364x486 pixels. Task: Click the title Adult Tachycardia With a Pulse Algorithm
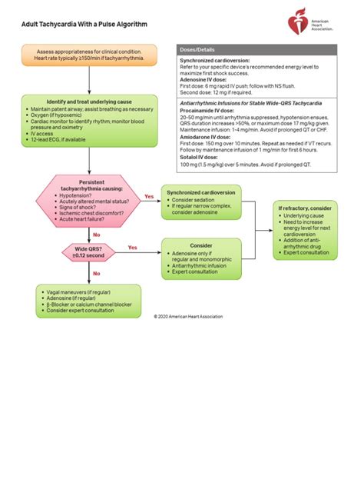pyautogui.click(x=84, y=25)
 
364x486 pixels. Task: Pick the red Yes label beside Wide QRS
pyautogui.click(x=132, y=247)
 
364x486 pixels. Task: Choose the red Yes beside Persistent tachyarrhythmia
pyautogui.click(x=148, y=197)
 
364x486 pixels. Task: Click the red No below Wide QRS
pyautogui.click(x=96, y=273)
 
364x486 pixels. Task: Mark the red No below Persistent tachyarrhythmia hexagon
pyautogui.click(x=96, y=235)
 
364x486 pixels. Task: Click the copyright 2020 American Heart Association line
pyautogui.click(x=188, y=316)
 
